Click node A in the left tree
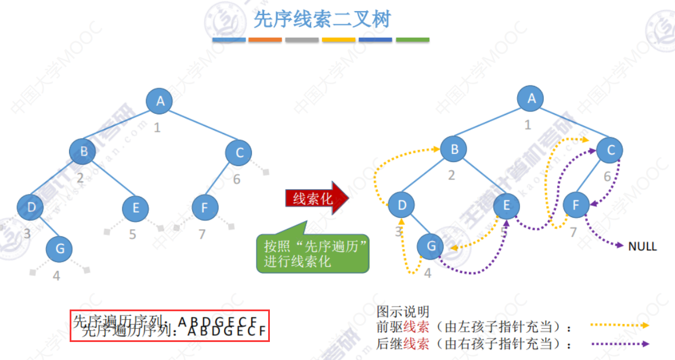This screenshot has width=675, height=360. (x=160, y=101)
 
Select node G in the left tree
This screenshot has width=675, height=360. (x=59, y=249)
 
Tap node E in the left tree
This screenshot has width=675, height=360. (x=135, y=207)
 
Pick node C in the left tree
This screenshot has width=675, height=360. (x=239, y=153)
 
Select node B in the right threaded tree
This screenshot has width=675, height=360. (x=454, y=149)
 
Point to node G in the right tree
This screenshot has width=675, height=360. (x=431, y=246)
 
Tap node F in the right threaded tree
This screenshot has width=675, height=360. (x=576, y=204)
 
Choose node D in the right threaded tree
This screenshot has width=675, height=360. (x=402, y=204)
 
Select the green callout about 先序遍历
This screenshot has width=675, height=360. (x=313, y=254)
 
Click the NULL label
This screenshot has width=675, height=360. (x=642, y=246)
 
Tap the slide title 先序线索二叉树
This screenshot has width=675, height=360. (x=322, y=20)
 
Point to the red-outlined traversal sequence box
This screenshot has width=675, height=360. (x=170, y=326)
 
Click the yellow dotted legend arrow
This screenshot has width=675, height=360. (x=619, y=326)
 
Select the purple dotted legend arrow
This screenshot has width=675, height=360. (x=619, y=343)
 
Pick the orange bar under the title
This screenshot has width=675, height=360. (x=265, y=40)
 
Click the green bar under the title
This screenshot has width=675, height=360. (x=413, y=40)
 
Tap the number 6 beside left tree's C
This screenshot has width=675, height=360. (x=236, y=179)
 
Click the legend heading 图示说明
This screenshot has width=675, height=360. (x=403, y=312)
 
